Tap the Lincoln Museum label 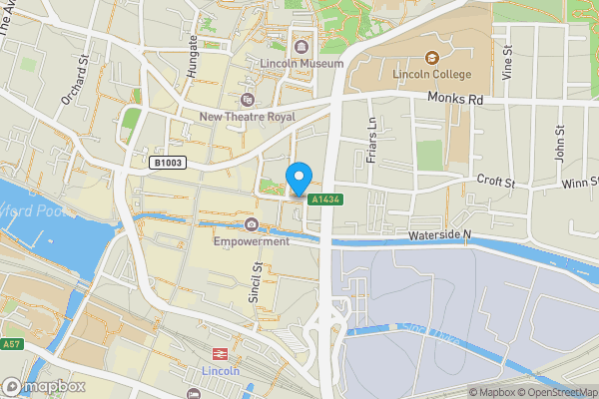tap(300, 64)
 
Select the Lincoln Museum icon tap(300, 45)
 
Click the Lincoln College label tap(432, 75)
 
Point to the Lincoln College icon tap(432, 57)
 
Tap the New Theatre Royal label tap(248, 117)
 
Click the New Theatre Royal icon tap(248, 99)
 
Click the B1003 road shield tap(168, 162)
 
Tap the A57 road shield tap(11, 343)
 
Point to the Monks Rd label tap(454, 100)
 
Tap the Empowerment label tap(251, 241)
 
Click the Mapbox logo tap(43, 386)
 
